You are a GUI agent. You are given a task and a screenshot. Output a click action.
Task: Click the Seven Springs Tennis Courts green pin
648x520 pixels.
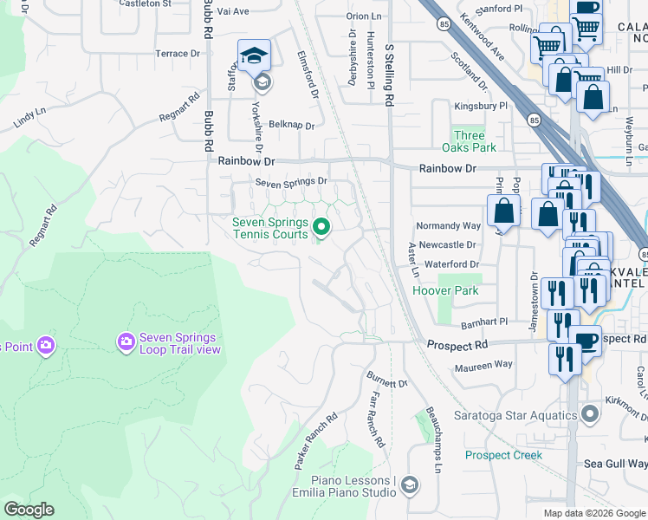(x=321, y=228)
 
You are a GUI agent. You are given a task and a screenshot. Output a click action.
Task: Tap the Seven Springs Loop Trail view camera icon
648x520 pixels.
(x=126, y=343)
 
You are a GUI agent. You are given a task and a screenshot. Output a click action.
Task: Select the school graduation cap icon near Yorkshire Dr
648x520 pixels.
(x=254, y=56)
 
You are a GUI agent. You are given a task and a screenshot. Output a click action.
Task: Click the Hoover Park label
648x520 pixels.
(x=447, y=291)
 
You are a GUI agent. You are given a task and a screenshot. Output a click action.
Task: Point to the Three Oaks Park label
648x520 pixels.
(x=470, y=141)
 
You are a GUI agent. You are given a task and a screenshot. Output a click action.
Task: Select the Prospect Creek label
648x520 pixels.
(x=503, y=455)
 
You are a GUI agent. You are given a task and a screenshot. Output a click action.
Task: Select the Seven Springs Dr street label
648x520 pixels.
(x=291, y=181)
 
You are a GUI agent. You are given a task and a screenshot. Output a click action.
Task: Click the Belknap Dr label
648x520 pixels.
(x=291, y=125)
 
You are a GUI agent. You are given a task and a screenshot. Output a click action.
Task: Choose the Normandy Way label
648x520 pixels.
(x=449, y=225)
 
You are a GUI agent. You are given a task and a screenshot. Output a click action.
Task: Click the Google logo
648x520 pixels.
(x=29, y=510)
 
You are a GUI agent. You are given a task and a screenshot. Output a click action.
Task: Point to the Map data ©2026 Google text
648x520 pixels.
(x=594, y=513)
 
